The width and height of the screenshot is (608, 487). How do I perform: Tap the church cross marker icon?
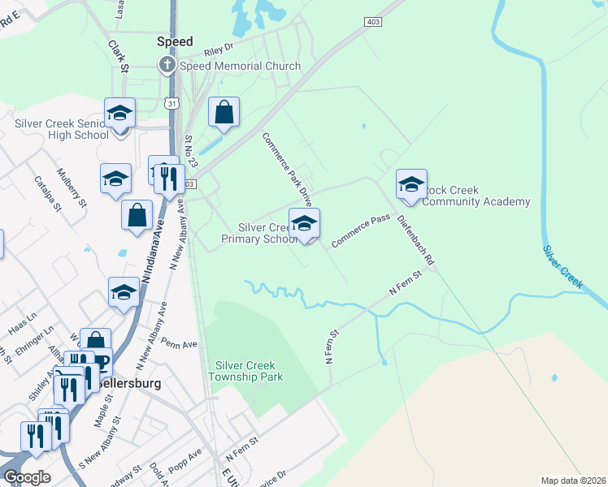click(x=167, y=65)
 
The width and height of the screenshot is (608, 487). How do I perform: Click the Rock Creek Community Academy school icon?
click(x=411, y=184)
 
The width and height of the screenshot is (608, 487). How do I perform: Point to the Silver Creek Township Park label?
click(x=246, y=371)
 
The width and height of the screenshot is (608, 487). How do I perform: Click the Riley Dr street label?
click(x=219, y=49)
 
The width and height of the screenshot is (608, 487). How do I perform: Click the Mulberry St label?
click(x=72, y=188)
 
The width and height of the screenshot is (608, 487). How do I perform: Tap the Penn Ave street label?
click(x=180, y=344)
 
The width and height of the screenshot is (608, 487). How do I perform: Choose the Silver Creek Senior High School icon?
click(x=119, y=113)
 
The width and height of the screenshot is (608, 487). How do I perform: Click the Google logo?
click(x=27, y=477)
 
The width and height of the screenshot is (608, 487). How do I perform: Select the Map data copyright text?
click(x=572, y=481)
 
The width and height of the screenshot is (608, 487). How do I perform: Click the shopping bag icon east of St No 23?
click(x=224, y=113)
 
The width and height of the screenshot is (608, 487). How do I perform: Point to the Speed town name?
click(x=175, y=41)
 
